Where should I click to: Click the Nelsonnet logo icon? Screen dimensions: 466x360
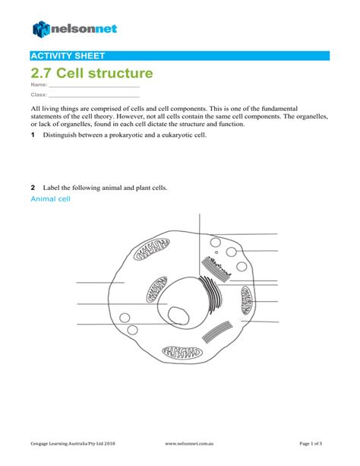tap(40, 29)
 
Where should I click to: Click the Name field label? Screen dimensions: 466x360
tap(38, 87)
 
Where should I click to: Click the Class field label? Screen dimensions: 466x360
tap(38, 97)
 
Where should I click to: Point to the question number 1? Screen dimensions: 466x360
tap(33, 135)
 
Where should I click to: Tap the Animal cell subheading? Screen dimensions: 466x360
tap(50, 199)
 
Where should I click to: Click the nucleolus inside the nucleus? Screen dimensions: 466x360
tap(178, 315)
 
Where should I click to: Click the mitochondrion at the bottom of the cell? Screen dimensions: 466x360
tap(182, 353)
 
